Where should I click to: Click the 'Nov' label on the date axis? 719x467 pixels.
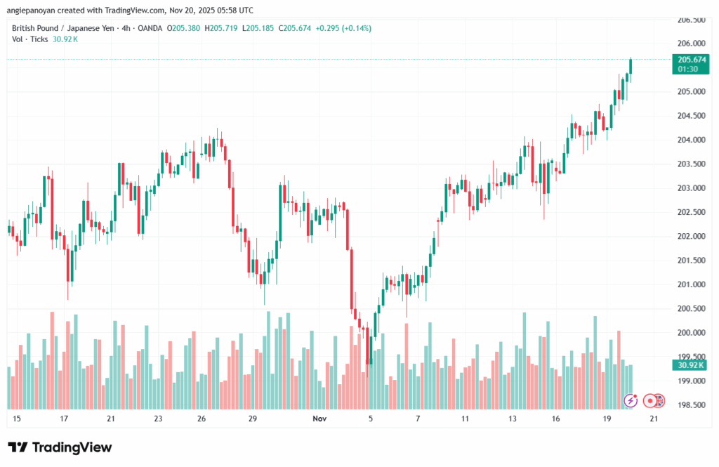pos(319,419)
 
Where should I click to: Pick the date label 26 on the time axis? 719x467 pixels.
pos(202,419)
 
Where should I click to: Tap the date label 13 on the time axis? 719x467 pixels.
pos(513,419)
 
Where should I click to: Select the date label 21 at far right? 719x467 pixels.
pos(654,419)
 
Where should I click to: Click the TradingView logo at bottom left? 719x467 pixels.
pos(60,447)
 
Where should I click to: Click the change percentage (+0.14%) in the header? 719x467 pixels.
pos(355,28)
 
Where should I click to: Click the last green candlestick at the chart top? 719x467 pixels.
pos(631,66)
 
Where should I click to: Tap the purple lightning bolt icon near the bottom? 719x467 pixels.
pos(631,400)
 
